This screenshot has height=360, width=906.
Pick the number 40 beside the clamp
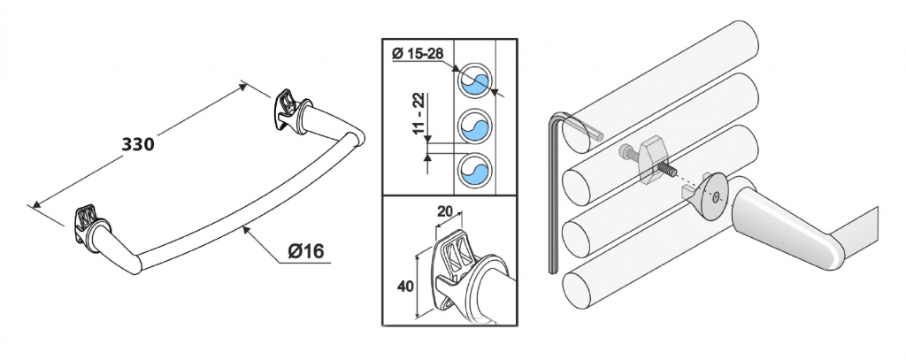point(404,287)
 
